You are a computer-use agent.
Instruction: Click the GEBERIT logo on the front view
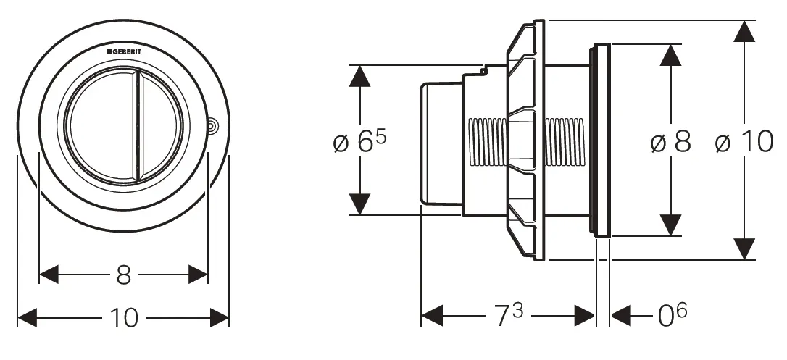click(124, 51)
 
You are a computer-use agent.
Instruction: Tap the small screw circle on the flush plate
click(213, 125)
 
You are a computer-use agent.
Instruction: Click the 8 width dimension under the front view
click(123, 275)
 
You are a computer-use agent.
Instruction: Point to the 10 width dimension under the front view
click(124, 318)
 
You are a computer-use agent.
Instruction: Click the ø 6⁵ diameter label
click(360, 143)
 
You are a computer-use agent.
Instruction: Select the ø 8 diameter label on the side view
click(670, 142)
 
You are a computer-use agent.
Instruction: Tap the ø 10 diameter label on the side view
click(744, 142)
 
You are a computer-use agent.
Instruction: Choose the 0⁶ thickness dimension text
click(672, 314)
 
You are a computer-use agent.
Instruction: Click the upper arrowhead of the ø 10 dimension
click(744, 31)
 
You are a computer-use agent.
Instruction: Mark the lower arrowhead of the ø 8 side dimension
click(670, 225)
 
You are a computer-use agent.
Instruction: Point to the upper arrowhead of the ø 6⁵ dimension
click(359, 76)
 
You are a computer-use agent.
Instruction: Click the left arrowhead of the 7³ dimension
click(432, 315)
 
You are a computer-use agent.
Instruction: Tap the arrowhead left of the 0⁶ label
click(621, 315)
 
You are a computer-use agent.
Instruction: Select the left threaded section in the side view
click(487, 142)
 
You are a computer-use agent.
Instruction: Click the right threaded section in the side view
click(565, 142)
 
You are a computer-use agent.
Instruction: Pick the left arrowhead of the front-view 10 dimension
click(28, 318)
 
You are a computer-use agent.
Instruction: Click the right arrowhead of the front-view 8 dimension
click(198, 275)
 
